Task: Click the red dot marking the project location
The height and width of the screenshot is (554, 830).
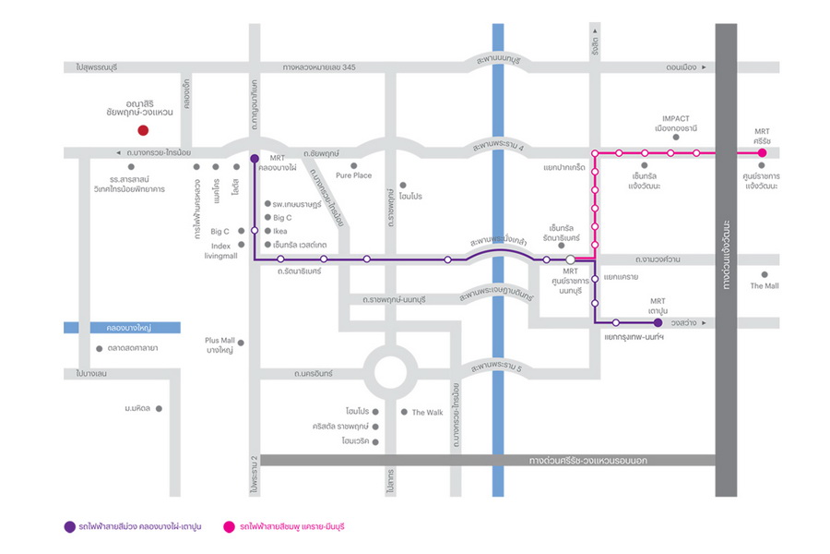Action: [142, 131]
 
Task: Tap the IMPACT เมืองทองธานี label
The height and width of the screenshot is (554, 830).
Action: [682, 124]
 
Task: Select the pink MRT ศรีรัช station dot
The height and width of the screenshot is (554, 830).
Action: [763, 152]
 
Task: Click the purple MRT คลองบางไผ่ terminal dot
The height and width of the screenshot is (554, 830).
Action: [254, 158]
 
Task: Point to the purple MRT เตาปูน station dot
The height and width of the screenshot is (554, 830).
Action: [658, 322]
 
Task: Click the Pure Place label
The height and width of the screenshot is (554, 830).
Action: [354, 175]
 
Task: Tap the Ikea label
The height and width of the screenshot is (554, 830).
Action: [281, 231]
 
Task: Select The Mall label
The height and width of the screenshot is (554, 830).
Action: [764, 286]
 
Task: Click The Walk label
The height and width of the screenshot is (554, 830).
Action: [427, 412]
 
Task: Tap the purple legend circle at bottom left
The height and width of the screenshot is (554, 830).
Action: [69, 526]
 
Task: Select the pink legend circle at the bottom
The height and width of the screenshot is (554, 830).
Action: [228, 526]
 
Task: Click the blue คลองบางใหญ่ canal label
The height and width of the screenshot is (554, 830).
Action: [123, 328]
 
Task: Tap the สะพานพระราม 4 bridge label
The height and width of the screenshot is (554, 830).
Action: [498, 146]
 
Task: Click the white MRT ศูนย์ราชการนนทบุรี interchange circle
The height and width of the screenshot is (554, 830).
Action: [572, 259]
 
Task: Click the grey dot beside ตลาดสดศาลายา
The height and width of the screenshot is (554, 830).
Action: [99, 348]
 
